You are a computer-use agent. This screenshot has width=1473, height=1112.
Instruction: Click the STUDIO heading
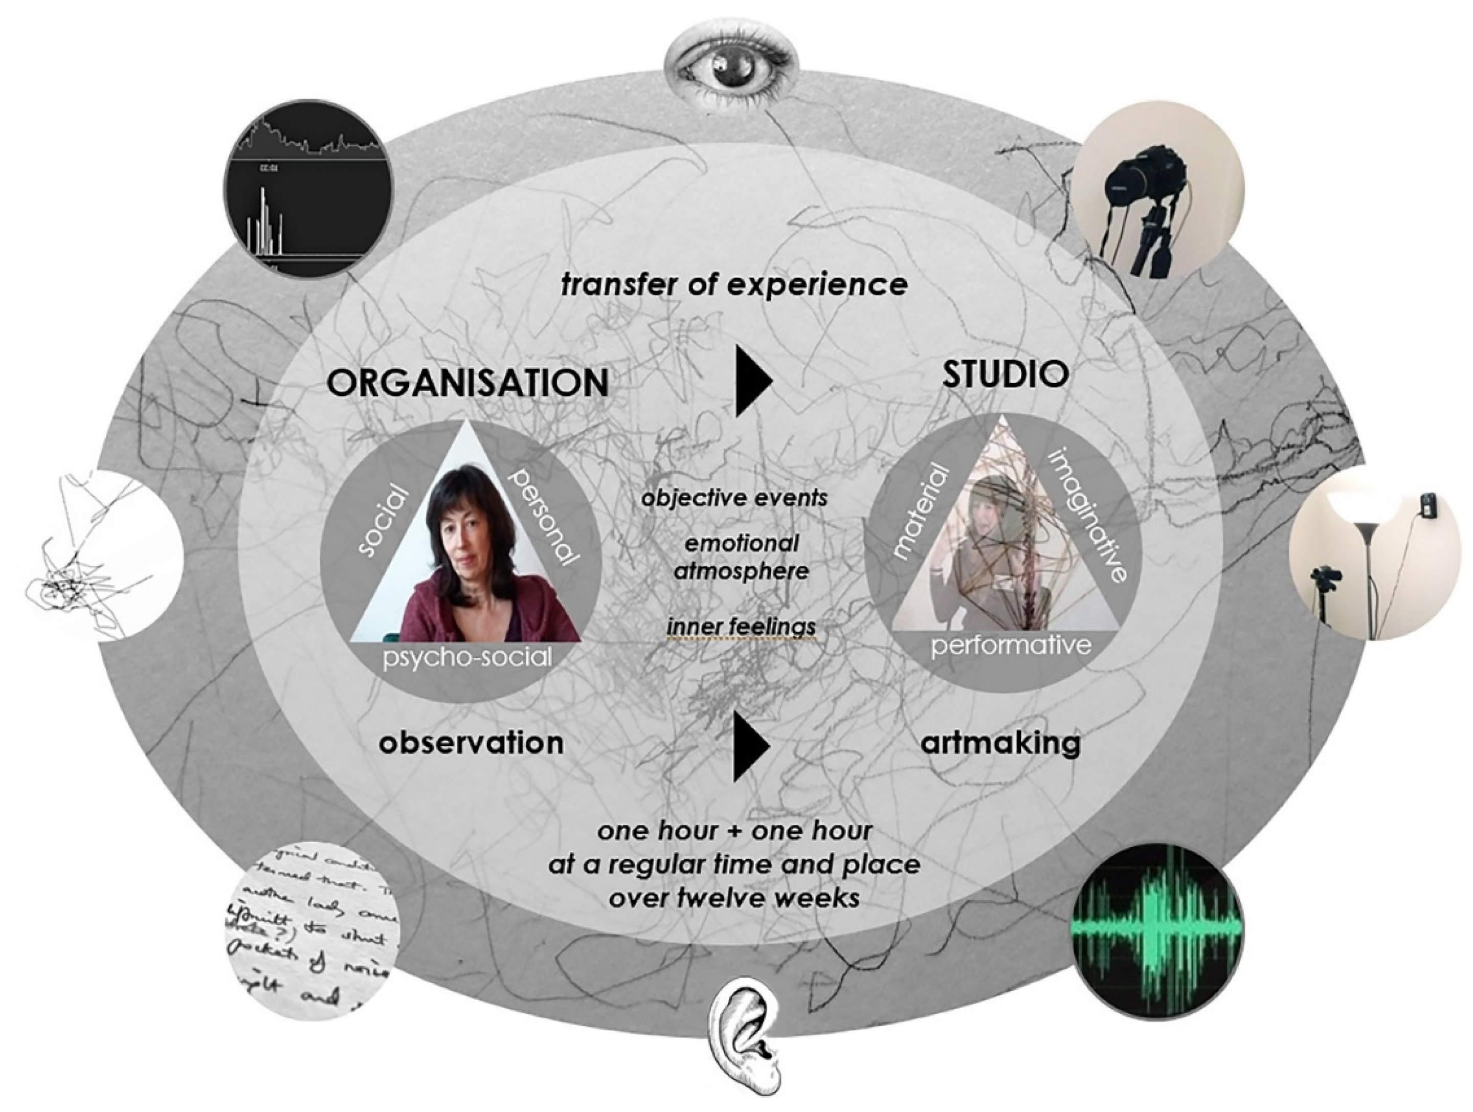(1006, 375)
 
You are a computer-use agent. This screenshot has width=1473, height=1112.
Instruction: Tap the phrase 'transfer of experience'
(734, 285)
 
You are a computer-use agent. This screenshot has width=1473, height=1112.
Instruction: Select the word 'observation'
(471, 743)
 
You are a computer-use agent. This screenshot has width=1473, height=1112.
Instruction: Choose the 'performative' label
(1010, 644)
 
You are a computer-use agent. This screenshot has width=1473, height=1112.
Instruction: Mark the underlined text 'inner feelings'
(741, 627)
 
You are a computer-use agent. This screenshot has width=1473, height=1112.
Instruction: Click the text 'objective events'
(734, 498)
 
